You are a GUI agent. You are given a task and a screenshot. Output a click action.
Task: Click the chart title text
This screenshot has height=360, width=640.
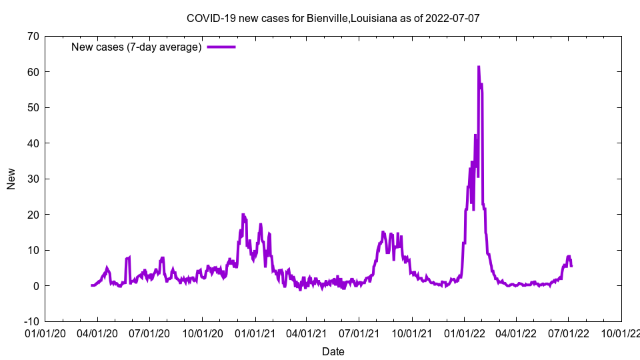(333, 18)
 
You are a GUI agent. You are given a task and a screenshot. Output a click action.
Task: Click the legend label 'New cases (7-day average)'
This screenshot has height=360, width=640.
(137, 47)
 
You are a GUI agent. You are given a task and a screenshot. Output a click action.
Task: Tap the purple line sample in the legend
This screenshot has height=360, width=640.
(221, 47)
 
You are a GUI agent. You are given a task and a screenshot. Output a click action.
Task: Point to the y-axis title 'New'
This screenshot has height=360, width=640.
(11, 179)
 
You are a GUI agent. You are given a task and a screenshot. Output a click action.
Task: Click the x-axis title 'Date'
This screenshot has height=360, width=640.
(333, 351)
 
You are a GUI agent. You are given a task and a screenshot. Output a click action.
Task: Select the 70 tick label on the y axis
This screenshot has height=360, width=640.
(32, 36)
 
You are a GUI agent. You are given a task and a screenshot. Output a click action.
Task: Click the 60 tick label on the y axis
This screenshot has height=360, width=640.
(32, 72)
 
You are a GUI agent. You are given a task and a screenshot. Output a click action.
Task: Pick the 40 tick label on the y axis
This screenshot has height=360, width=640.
(32, 143)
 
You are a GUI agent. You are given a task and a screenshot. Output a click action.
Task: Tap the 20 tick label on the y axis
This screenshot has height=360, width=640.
(32, 215)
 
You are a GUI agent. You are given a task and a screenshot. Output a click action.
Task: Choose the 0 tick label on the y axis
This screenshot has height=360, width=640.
(35, 286)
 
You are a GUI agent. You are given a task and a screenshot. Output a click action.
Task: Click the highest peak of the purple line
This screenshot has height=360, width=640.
(478, 67)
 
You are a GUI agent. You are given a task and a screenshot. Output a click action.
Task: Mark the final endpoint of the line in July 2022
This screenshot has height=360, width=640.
(571, 267)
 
